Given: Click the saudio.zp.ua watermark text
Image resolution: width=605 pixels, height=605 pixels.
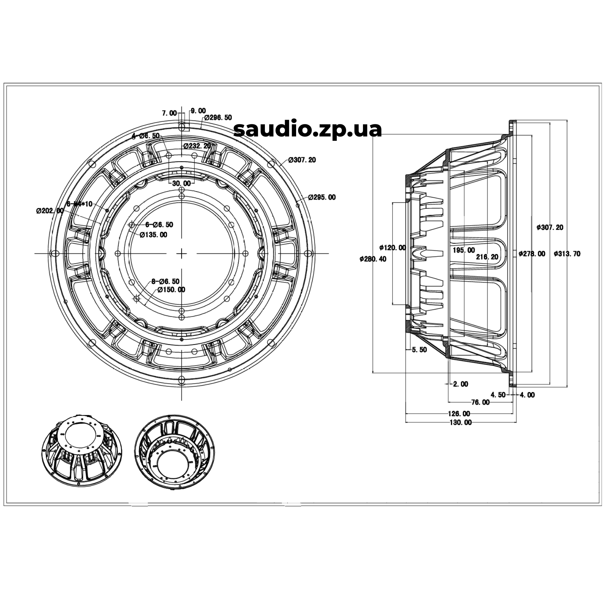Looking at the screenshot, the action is click(308, 129).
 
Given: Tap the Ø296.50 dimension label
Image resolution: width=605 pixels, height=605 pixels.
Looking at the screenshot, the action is click(218, 118).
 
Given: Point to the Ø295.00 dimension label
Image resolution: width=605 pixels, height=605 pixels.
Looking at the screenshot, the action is click(322, 197).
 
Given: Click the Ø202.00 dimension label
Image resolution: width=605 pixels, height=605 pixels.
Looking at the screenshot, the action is click(50, 211).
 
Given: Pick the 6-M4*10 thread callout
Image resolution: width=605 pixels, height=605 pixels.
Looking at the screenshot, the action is click(80, 204).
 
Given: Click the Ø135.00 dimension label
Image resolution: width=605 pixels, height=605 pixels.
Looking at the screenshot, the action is click(153, 235).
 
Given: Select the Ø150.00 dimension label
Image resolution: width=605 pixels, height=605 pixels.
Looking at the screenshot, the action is click(171, 289).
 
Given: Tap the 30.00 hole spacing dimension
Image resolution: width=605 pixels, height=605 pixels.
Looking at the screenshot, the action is click(182, 184).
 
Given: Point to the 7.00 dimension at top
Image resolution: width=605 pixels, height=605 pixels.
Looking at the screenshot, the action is click(169, 113).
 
